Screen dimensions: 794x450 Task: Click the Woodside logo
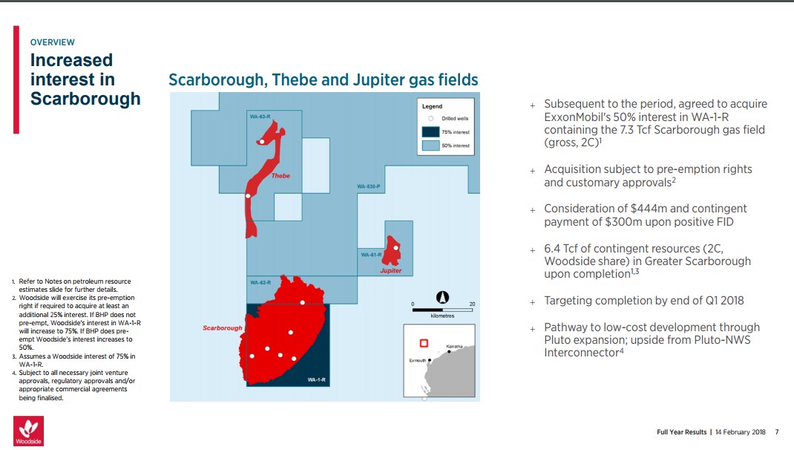point(28,431)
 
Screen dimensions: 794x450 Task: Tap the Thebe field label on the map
point(280,176)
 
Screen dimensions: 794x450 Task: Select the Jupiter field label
point(390,270)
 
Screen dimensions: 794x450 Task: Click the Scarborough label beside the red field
point(223,328)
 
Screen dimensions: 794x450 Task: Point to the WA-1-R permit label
point(316,379)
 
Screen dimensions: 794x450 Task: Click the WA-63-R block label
point(260,117)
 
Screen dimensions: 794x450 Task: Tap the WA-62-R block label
point(260,282)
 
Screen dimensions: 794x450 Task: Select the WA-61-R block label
point(371,255)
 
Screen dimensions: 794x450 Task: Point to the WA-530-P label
point(368,186)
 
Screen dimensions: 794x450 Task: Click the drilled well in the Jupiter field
point(396,248)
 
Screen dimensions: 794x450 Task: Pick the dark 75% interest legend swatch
point(430,131)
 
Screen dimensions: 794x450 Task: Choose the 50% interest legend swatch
point(430,146)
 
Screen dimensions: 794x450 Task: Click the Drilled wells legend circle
point(431,119)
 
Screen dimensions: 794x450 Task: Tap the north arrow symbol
point(442,298)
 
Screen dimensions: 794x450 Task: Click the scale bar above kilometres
point(442,310)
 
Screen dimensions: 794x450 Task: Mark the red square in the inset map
point(424,343)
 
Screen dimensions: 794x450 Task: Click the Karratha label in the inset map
point(454,347)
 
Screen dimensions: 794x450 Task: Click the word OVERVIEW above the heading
point(52,42)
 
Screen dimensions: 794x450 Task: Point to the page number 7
point(777,432)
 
